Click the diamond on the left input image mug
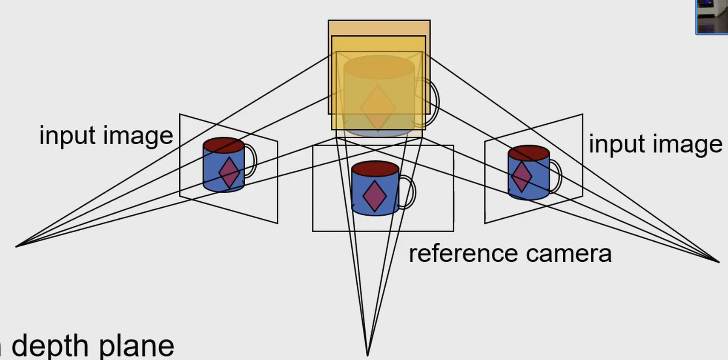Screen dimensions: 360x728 coord(229,172)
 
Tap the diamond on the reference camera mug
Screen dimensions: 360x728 coord(375,196)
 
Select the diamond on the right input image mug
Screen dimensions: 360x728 coord(522,176)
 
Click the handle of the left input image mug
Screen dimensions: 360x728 coord(252,161)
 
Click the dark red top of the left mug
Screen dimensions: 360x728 coord(224,145)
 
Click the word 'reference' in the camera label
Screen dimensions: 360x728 coord(463,254)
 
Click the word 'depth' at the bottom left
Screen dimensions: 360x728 coord(50,346)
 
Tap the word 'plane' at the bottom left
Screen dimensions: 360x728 coord(137,346)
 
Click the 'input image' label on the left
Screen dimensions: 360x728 coord(106,136)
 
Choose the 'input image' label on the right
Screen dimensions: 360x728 coord(655,144)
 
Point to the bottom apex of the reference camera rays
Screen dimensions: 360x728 coord(367,354)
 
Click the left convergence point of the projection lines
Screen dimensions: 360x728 coord(16,246)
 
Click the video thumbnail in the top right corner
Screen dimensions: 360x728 coord(712,17)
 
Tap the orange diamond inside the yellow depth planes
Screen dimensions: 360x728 coord(378,107)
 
